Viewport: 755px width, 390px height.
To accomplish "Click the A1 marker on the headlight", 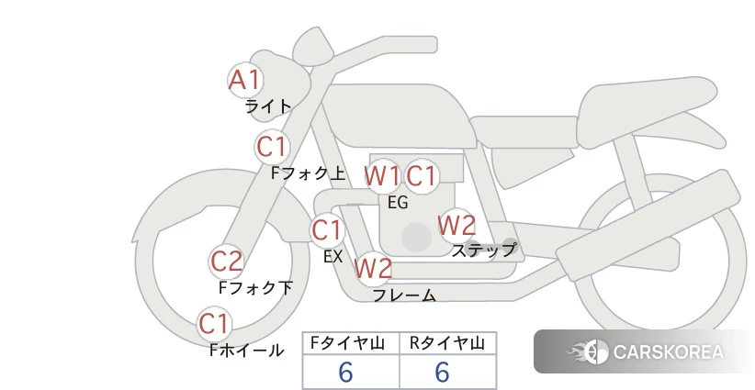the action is pyautogui.click(x=245, y=81).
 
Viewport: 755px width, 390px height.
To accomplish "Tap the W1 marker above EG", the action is pyautogui.click(x=382, y=176).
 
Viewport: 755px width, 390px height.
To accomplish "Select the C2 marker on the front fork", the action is pyautogui.click(x=226, y=262).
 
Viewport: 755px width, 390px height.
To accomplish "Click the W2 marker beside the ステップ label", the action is pyautogui.click(x=456, y=226).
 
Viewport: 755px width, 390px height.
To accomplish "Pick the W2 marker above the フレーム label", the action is pyautogui.click(x=373, y=268).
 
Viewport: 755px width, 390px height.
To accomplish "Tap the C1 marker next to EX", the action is pyautogui.click(x=327, y=229).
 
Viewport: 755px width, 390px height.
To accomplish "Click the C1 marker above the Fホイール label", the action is pyautogui.click(x=214, y=324).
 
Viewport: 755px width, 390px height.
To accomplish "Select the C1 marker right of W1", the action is pyautogui.click(x=422, y=176).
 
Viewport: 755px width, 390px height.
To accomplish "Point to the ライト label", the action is pyautogui.click(x=268, y=106).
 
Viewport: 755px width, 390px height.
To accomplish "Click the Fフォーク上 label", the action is pyautogui.click(x=309, y=173).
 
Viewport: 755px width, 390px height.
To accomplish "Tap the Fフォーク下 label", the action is pyautogui.click(x=255, y=287).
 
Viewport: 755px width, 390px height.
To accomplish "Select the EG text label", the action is pyautogui.click(x=398, y=203).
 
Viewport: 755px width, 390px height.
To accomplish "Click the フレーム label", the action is pyautogui.click(x=404, y=295).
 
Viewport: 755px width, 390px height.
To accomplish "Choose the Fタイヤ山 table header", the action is pyautogui.click(x=347, y=343).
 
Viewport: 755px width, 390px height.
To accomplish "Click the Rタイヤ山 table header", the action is pyautogui.click(x=447, y=343).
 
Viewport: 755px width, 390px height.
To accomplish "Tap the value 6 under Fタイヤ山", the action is pyautogui.click(x=345, y=372).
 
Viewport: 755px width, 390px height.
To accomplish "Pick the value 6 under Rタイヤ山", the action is pyautogui.click(x=442, y=372).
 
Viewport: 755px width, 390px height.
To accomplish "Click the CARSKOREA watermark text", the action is pyautogui.click(x=669, y=352).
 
